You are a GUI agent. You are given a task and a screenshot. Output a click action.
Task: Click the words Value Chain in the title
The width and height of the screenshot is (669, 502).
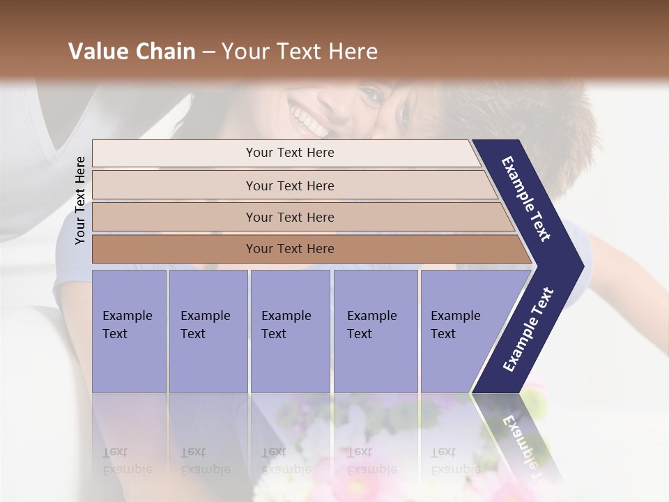coord(132,52)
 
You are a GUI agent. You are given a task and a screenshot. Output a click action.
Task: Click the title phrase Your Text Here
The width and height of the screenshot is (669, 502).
coord(300,52)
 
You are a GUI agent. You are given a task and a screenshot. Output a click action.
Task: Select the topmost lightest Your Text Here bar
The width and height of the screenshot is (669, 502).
coord(289,153)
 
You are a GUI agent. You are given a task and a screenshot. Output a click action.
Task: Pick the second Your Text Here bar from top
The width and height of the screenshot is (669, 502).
coord(289,185)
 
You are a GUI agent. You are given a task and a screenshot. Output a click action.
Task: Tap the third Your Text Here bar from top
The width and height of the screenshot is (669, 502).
coord(289,217)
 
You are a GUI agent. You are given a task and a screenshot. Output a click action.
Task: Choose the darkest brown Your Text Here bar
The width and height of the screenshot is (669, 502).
coord(289,249)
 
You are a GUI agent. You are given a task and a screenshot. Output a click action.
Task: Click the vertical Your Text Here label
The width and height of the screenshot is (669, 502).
coord(80,200)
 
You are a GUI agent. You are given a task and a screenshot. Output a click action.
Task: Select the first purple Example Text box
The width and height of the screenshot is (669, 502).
coord(129,331)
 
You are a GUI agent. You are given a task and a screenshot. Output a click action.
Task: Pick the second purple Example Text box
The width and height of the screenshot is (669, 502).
coord(208,331)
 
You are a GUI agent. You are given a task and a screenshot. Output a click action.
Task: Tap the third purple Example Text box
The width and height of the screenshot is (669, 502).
coord(289,331)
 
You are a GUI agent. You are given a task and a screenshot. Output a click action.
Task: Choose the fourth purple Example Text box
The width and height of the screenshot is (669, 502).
coord(375,331)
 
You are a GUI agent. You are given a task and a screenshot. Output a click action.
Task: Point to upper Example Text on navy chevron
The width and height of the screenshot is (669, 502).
coord(526,199)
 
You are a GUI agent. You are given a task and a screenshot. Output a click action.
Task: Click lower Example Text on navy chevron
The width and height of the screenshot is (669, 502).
coord(528,330)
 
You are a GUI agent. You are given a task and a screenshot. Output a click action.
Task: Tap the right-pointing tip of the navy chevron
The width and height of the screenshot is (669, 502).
coord(580,265)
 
